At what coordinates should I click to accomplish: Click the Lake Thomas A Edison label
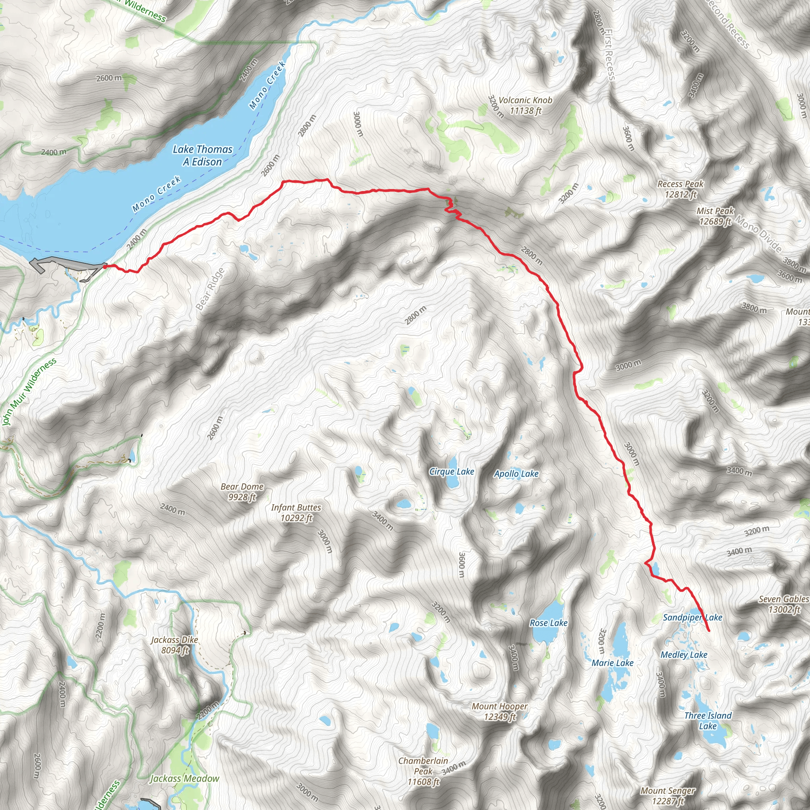pyautogui.click(x=202, y=155)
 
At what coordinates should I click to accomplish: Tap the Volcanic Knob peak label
pyautogui.click(x=525, y=105)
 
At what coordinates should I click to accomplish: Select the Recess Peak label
pyautogui.click(x=680, y=189)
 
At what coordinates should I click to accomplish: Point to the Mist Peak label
pyautogui.click(x=715, y=216)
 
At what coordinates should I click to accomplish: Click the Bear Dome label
pyautogui.click(x=242, y=492)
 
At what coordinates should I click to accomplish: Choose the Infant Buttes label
pyautogui.click(x=296, y=513)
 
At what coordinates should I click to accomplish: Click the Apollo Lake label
pyautogui.click(x=516, y=474)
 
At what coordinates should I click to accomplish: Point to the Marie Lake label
pyautogui.click(x=612, y=663)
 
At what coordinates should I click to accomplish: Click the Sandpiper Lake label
pyautogui.click(x=692, y=617)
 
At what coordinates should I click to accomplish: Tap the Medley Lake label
pyautogui.click(x=684, y=655)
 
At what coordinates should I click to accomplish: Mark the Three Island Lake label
pyautogui.click(x=708, y=721)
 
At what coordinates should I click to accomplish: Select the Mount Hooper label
pyautogui.click(x=500, y=712)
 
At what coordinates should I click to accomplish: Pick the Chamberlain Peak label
pyautogui.click(x=423, y=771)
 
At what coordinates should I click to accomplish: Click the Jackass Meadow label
pyautogui.click(x=184, y=778)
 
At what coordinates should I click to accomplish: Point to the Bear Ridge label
pyautogui.click(x=210, y=289)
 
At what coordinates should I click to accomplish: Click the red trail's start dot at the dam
pyautogui.click(x=104, y=266)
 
